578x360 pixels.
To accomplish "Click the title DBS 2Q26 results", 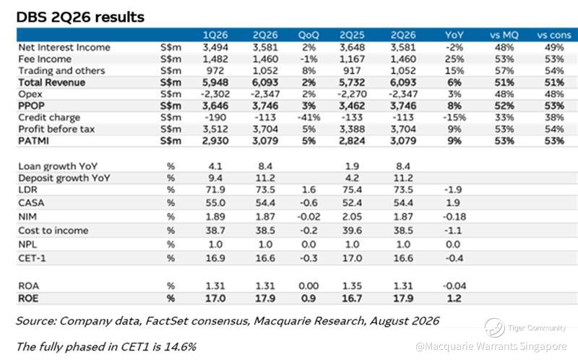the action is pyautogui.click(x=80, y=17).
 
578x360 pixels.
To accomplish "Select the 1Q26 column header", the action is pyautogui.click(x=215, y=35).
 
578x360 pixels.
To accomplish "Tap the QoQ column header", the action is pyautogui.click(x=309, y=35).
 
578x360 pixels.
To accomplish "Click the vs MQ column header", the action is pyautogui.click(x=504, y=35).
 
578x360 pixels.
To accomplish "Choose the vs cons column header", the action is pyautogui.click(x=554, y=35).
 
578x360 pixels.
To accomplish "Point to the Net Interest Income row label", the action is pyautogui.click(x=64, y=47).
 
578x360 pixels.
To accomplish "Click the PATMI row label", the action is pyautogui.click(x=33, y=141).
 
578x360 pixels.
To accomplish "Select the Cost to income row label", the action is pyautogui.click(x=53, y=231).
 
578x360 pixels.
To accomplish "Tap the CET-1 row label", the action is pyautogui.click(x=32, y=258).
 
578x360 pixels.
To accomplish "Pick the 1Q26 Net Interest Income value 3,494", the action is pyautogui.click(x=215, y=47).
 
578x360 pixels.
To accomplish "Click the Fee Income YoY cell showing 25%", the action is pyautogui.click(x=454, y=59).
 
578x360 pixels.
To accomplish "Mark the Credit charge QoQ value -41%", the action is pyautogui.click(x=309, y=117).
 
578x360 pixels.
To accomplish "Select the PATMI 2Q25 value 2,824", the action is pyautogui.click(x=352, y=141).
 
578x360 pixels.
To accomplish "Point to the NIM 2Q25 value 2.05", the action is pyautogui.click(x=352, y=217).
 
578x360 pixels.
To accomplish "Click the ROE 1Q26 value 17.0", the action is pyautogui.click(x=215, y=298).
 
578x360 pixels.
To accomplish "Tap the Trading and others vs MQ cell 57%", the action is pyautogui.click(x=504, y=70).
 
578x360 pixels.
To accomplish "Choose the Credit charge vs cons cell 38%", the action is pyautogui.click(x=554, y=117).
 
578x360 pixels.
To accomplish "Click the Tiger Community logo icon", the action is pyautogui.click(x=495, y=327).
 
